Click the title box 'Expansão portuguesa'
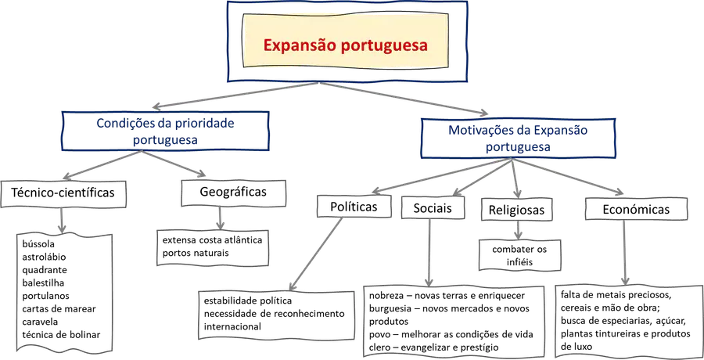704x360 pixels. tap(346, 41)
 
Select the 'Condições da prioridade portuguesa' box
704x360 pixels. tap(165, 131)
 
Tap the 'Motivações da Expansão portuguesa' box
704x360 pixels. tap(518, 138)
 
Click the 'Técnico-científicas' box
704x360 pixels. tap(63, 193)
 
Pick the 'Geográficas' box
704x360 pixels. tap(233, 193)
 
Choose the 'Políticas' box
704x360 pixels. tap(354, 207)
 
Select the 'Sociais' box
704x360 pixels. tap(433, 207)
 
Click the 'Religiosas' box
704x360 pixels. tap(516, 210)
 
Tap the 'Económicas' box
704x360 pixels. tap(636, 209)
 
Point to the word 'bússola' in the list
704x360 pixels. tap(38, 244)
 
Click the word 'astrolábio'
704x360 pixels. tap(44, 257)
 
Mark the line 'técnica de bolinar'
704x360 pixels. tap(61, 334)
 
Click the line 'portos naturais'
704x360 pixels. tap(196, 253)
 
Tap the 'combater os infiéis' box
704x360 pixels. tap(519, 255)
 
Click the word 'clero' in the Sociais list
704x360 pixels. tap(380, 347)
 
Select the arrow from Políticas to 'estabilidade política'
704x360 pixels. tap(316, 254)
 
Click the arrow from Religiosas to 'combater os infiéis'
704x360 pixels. tap(519, 230)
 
